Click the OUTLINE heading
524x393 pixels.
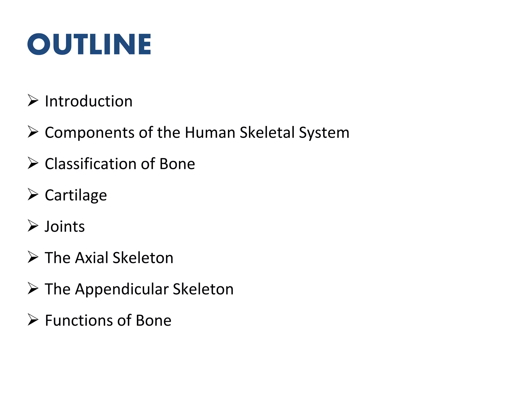(x=89, y=44)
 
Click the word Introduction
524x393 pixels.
(x=89, y=101)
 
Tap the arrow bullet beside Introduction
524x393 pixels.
(x=33, y=100)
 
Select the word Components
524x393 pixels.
(x=90, y=133)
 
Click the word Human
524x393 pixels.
(x=210, y=133)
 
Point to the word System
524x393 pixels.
(x=324, y=133)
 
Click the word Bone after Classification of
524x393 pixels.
(x=177, y=164)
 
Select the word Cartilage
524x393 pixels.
(x=76, y=195)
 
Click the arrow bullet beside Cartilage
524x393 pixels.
(x=33, y=194)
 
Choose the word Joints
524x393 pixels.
(x=65, y=226)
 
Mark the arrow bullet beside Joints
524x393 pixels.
(x=33, y=226)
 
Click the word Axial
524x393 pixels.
(x=92, y=258)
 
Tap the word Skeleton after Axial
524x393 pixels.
(x=143, y=258)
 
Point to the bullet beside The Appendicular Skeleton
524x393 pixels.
(x=33, y=288)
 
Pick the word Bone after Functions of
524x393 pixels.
(x=154, y=320)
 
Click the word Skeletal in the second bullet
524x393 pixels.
(x=267, y=133)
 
